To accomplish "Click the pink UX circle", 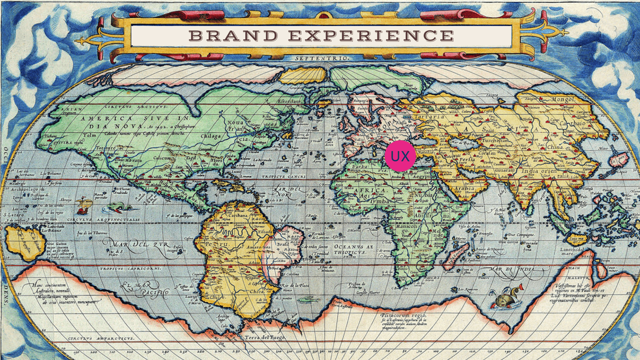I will (400, 156).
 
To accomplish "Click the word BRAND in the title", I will (233, 36).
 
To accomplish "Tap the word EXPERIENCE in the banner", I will (371, 36).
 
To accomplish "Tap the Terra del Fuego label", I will (265, 337).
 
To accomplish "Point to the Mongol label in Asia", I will (563, 99).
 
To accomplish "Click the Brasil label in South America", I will (283, 244).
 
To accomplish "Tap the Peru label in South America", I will (216, 244).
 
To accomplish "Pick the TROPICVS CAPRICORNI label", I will (131, 268).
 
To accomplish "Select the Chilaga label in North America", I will (211, 136).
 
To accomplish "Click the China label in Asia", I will (555, 147).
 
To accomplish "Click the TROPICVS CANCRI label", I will (284, 176).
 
